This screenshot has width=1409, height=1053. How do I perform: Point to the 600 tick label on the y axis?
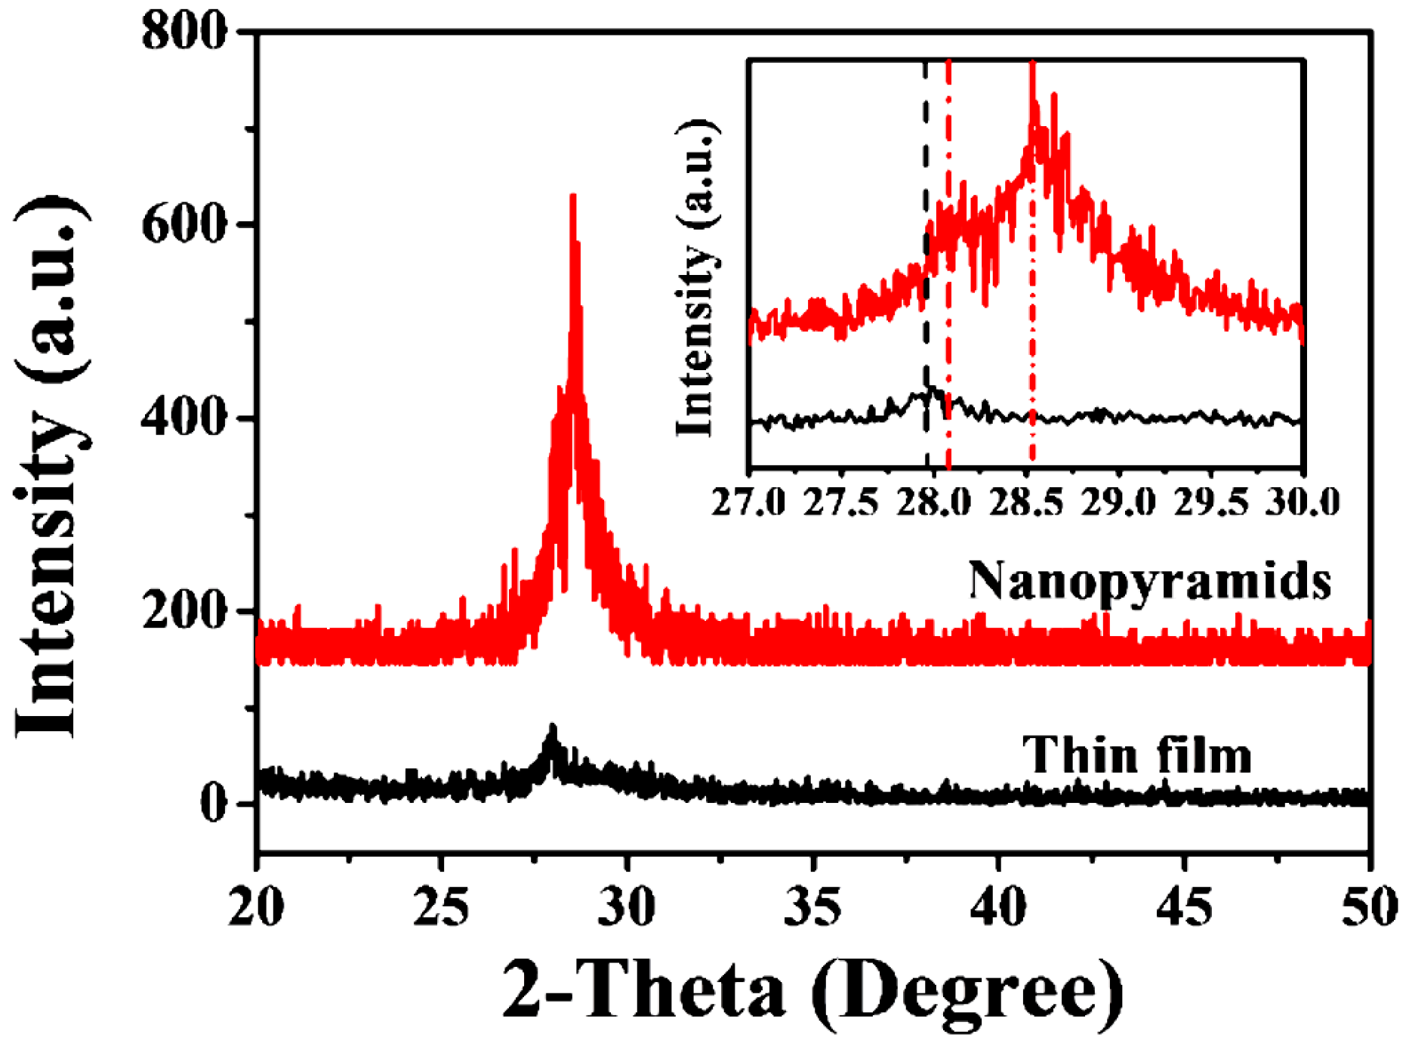[x=184, y=224]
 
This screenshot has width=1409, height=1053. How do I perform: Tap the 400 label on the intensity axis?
[x=184, y=417]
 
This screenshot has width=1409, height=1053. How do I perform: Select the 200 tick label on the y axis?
[x=184, y=610]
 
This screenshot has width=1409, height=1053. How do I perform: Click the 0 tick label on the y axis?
[x=214, y=803]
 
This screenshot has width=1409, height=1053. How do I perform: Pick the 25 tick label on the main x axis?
[x=442, y=907]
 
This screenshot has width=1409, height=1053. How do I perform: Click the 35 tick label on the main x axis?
[x=812, y=907]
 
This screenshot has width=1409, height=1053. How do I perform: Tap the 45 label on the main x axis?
[x=1183, y=907]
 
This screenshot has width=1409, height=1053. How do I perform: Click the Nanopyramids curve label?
[x=1149, y=582]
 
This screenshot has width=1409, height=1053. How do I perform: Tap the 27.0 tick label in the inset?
[x=748, y=502]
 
